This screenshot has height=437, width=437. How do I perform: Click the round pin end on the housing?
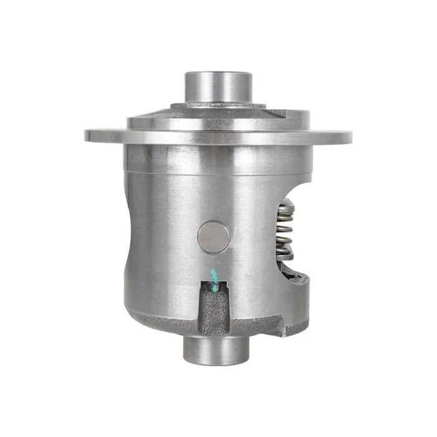(214, 237)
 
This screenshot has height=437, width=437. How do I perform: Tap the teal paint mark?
(215, 279)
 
